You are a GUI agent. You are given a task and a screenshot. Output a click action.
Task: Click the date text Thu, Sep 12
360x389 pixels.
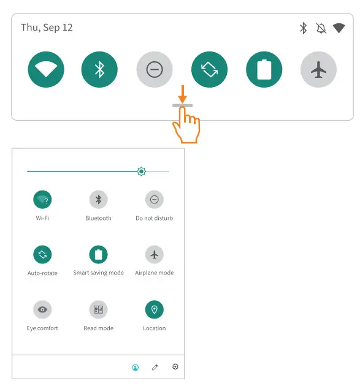[x=47, y=28]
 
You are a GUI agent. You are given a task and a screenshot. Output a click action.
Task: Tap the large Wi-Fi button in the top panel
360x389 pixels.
[x=46, y=70]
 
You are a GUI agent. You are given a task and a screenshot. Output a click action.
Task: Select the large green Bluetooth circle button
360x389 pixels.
[x=99, y=70]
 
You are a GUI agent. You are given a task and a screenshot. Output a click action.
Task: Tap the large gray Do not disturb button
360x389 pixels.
[x=154, y=70]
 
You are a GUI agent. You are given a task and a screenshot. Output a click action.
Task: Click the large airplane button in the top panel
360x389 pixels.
[x=318, y=70]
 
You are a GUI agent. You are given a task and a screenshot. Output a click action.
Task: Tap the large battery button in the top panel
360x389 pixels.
[x=264, y=70]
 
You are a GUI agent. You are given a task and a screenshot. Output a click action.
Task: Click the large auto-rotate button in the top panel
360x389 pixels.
[x=209, y=70]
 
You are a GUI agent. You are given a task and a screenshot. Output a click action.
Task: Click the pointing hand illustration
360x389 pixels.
[x=186, y=126]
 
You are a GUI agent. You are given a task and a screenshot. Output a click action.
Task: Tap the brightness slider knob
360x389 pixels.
[x=142, y=172]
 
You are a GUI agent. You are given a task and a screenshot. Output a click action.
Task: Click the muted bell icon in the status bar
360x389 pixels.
[x=321, y=28]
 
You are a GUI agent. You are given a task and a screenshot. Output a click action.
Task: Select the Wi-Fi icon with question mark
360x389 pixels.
[x=42, y=200]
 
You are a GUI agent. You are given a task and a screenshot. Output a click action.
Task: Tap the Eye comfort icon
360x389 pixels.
[x=42, y=310]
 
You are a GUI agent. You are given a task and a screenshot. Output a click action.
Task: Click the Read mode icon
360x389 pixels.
[x=98, y=310]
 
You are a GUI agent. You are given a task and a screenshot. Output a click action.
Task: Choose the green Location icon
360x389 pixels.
[x=154, y=310]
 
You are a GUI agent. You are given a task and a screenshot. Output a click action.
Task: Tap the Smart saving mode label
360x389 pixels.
[x=98, y=273]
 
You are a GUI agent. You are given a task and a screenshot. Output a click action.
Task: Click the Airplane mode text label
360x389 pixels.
[x=154, y=273]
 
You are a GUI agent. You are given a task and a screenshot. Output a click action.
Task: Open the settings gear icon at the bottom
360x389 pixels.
[x=175, y=367]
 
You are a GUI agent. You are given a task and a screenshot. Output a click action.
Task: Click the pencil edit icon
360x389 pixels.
[x=155, y=368]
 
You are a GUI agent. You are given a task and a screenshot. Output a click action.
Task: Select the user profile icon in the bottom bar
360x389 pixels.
[x=135, y=368]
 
